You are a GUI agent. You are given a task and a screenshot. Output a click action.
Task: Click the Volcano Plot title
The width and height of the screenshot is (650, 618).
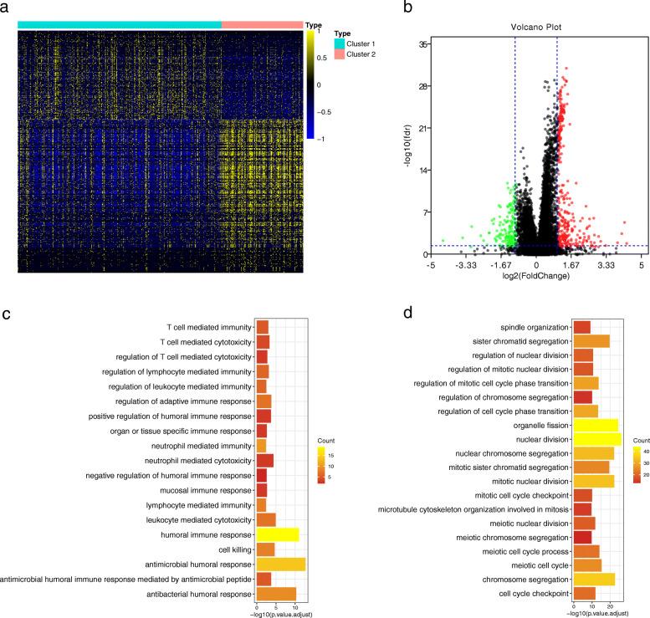click(535, 27)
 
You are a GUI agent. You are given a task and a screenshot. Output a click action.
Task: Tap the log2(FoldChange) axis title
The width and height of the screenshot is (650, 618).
click(535, 274)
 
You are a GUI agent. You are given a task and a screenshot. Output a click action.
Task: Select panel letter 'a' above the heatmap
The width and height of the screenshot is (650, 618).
click(8, 8)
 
